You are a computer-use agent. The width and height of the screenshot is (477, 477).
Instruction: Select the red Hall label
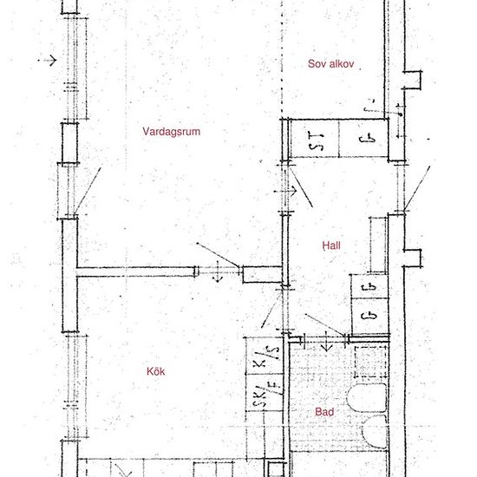(x=330, y=246)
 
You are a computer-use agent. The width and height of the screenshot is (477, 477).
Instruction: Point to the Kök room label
(x=156, y=371)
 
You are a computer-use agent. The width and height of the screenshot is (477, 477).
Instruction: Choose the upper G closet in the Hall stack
(x=368, y=286)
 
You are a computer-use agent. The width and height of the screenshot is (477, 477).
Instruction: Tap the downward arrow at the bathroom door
(x=326, y=345)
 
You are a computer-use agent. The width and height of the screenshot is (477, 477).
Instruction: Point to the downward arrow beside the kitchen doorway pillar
(x=217, y=276)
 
